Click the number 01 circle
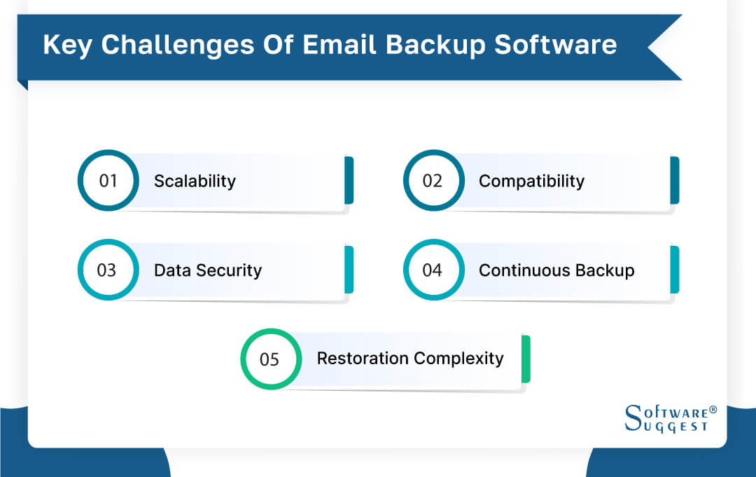pos(108,181)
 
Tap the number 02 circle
pos(433,181)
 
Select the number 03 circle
pos(108,270)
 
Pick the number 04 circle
pos(433,270)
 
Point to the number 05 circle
pos(270,359)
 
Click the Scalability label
pos(195,181)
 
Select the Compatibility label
pos(531,181)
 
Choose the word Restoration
pos(360,359)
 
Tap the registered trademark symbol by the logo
pos(713,408)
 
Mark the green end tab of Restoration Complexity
pos(526,359)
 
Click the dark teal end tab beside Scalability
pos(349,181)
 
